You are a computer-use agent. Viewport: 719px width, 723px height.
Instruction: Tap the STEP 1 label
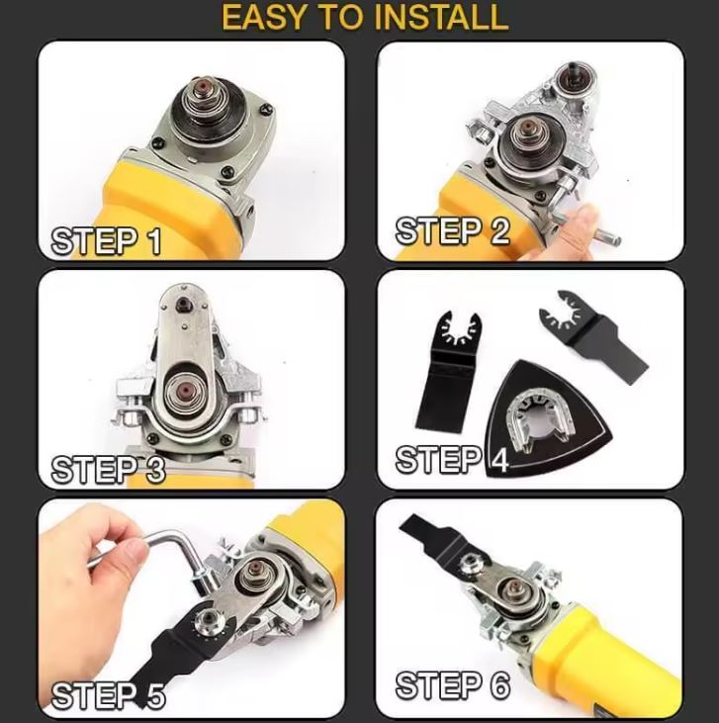[106, 241]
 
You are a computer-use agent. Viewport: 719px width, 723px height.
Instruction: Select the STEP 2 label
[452, 231]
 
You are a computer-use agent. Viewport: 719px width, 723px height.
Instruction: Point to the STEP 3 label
[108, 469]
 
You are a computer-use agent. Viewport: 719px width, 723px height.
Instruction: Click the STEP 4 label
[451, 460]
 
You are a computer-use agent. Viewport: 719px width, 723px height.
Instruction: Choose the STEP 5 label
[108, 695]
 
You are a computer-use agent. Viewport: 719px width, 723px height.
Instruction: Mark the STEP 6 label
[452, 684]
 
